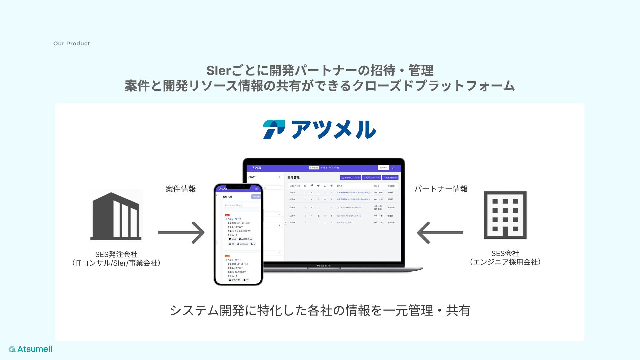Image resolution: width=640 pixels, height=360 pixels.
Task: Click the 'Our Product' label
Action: [x=71, y=43]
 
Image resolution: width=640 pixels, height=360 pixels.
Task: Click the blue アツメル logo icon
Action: [x=274, y=129]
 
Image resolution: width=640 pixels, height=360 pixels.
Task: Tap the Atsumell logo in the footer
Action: [x=31, y=349]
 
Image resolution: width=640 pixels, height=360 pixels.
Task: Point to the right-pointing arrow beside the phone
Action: [x=181, y=233]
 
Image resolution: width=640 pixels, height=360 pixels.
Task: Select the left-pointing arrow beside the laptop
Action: [x=440, y=233]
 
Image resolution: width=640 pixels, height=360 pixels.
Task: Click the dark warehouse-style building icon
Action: [x=116, y=216]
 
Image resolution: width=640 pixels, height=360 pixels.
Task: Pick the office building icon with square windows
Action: [x=505, y=215]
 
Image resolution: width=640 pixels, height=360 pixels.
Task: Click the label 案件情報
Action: [x=181, y=189]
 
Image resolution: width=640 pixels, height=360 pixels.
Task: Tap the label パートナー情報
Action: [x=441, y=189]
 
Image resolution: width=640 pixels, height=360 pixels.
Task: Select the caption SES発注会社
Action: [x=116, y=254]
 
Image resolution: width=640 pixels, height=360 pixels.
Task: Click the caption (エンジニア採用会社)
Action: [x=505, y=262]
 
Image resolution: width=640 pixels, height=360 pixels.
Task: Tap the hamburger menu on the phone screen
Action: [x=256, y=189]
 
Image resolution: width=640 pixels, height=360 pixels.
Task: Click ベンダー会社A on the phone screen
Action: [x=234, y=219]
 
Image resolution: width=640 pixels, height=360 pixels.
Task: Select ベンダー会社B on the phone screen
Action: [x=234, y=260]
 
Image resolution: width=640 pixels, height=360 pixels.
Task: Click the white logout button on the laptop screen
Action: [x=383, y=168]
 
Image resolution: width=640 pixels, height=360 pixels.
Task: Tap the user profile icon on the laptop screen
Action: [x=393, y=168]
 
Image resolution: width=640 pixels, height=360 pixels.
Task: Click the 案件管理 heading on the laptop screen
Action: [x=293, y=178]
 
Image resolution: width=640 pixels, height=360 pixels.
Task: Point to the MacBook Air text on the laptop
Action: [x=324, y=266]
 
